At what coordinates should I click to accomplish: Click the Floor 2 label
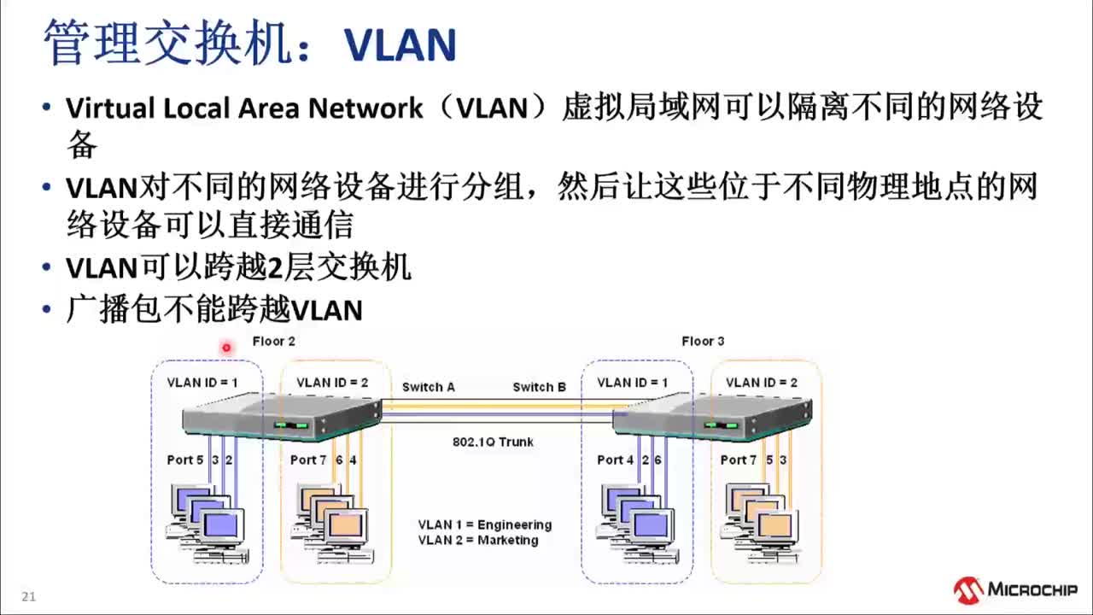[273, 342]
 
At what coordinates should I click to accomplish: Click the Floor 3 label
[703, 342]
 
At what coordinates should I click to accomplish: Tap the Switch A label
[429, 387]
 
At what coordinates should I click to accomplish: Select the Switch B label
[539, 387]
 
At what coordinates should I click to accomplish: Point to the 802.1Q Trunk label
[493, 442]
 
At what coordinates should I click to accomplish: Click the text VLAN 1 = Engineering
[484, 524]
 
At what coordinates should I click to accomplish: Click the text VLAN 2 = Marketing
[478, 540]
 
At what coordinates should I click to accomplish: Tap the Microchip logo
[1015, 589]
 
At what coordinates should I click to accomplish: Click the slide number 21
[29, 597]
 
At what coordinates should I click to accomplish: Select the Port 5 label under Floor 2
[185, 460]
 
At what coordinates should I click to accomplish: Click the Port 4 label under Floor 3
[616, 460]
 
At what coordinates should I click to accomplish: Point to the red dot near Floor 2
[226, 347]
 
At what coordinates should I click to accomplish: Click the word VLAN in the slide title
[400, 44]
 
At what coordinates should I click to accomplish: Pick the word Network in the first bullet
[365, 108]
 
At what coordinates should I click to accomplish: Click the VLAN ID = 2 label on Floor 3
[762, 383]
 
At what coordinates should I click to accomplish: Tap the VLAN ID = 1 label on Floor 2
[202, 383]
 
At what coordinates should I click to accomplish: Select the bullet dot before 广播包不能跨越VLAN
[47, 310]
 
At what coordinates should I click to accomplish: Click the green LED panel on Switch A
[290, 425]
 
